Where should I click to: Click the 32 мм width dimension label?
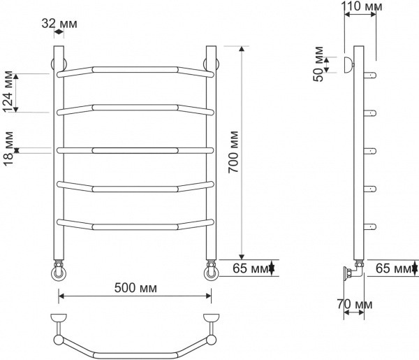(x=59, y=24)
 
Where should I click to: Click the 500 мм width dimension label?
(x=134, y=288)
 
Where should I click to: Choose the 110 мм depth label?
(x=362, y=8)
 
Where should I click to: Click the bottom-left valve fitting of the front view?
(x=59, y=270)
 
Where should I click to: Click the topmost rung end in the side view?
(x=373, y=75)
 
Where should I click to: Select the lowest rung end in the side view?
(x=373, y=226)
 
